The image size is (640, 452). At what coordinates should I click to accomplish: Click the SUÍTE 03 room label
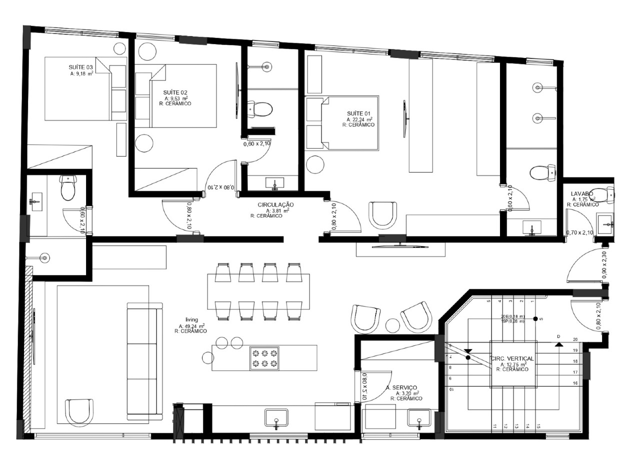(80, 67)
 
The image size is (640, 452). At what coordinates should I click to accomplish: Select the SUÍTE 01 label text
(358, 114)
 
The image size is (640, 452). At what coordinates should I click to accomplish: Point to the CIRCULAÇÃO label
(275, 205)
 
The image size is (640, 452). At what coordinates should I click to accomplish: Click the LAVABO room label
(582, 193)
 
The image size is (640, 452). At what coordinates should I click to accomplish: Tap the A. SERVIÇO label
(402, 387)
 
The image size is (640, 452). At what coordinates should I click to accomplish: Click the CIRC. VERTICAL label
(512, 358)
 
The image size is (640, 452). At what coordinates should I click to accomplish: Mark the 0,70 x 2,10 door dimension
(579, 232)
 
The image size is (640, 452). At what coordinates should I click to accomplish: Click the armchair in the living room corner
(80, 411)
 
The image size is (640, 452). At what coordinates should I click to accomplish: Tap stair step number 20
(575, 339)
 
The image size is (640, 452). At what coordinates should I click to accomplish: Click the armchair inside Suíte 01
(382, 214)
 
